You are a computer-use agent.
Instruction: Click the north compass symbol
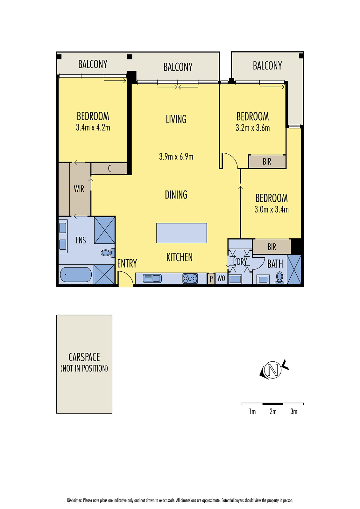(273, 370)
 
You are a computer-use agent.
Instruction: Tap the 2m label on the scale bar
(273, 412)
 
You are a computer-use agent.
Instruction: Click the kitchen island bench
(181, 233)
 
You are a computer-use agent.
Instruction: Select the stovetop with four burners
(190, 279)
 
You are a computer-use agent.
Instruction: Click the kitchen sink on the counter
(152, 278)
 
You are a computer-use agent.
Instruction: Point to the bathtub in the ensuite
(76, 275)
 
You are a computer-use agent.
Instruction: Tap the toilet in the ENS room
(108, 253)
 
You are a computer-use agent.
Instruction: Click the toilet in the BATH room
(279, 277)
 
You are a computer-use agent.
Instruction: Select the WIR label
(79, 189)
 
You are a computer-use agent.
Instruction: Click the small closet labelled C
(109, 168)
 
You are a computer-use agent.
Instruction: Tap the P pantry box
(211, 279)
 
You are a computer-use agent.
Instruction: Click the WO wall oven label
(221, 279)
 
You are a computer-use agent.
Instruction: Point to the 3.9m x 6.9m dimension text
(176, 157)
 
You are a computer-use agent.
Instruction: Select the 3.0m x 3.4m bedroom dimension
(272, 209)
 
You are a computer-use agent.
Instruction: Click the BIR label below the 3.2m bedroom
(267, 162)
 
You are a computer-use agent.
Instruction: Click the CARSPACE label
(84, 357)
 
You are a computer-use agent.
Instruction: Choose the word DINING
(176, 195)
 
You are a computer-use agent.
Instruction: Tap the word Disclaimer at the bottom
(74, 500)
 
